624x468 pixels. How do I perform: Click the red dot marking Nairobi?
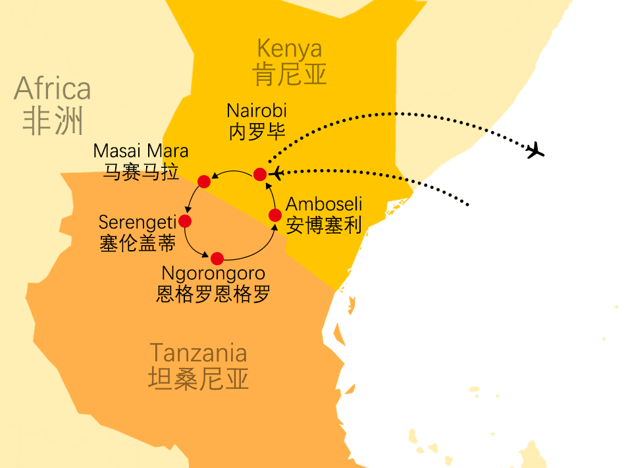tap(260, 174)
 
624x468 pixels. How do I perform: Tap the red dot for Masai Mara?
tap(203, 180)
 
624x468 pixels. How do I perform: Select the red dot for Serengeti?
tap(185, 221)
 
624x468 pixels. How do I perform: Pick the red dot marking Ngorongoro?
tap(217, 257)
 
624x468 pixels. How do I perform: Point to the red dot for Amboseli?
tap(275, 215)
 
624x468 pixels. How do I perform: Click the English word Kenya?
tap(290, 49)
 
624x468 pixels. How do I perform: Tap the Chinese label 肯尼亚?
tap(290, 74)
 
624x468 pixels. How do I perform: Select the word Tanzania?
tap(198, 353)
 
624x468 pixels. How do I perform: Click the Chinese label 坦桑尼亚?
tap(198, 378)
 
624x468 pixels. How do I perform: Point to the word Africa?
tap(53, 88)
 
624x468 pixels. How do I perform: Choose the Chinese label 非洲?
tap(53, 121)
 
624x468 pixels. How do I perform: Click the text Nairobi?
tap(257, 111)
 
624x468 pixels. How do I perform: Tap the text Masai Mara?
tap(141, 151)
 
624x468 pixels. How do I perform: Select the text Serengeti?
tap(138, 222)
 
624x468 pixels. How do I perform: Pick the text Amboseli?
tap(324, 205)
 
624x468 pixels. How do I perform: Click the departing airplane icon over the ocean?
tap(536, 150)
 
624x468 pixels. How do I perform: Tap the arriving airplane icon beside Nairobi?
tap(278, 173)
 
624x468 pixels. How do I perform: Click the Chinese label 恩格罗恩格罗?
tap(213, 294)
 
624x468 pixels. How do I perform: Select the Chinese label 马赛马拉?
tap(141, 172)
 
